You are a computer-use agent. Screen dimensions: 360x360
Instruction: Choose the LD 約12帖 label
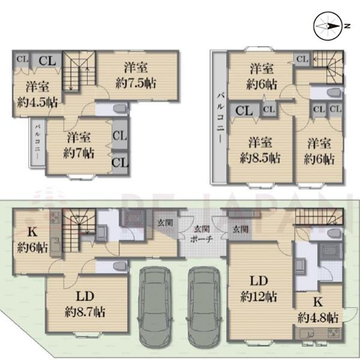point(259,289)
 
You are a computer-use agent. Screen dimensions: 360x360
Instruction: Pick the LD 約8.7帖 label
point(85,304)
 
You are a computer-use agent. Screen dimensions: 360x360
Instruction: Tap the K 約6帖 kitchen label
point(32,240)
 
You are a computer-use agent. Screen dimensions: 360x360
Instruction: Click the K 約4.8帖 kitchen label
point(318,310)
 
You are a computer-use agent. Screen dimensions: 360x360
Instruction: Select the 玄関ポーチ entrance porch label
point(202,234)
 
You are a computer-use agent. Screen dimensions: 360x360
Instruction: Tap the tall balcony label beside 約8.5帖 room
point(221,118)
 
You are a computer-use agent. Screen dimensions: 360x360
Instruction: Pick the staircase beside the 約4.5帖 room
point(79,71)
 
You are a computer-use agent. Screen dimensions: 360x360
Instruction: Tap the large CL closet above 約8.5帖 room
point(244,110)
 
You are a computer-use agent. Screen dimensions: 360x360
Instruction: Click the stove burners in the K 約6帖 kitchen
point(55,217)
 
